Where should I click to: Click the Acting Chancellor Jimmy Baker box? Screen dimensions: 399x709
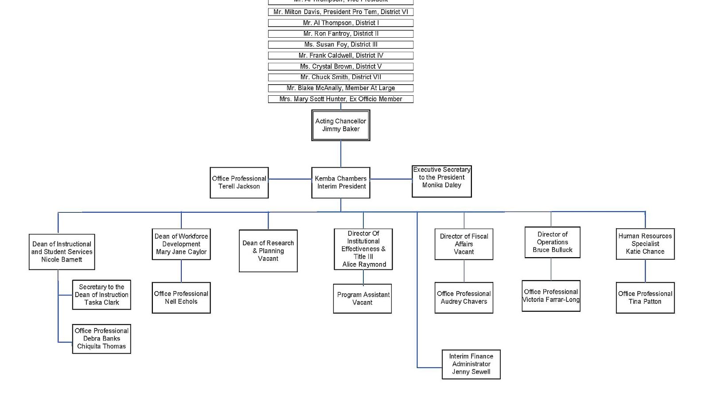(340, 125)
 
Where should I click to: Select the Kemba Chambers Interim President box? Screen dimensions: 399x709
(340, 182)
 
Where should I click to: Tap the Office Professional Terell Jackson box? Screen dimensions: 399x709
(239, 182)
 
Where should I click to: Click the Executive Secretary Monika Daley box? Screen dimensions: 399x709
(441, 181)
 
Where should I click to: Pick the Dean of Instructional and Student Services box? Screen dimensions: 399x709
(62, 251)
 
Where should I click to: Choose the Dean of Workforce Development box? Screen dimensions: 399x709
(181, 244)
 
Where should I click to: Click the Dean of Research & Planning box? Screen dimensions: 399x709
(268, 250)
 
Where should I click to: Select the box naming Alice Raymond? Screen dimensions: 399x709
(363, 249)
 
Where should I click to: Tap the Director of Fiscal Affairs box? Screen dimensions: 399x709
(464, 244)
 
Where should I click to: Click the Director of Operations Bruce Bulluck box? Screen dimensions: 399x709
(552, 242)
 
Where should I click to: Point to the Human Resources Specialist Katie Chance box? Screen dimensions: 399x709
(645, 244)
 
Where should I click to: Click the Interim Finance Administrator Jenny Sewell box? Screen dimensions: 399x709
(471, 364)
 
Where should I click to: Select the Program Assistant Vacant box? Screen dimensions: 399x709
(362, 298)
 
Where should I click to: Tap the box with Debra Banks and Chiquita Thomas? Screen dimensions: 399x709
(101, 339)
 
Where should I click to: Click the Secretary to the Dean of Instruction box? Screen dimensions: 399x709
(101, 294)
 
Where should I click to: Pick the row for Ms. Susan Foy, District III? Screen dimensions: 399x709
(340, 44)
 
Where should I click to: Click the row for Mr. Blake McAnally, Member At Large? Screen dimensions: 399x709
(340, 88)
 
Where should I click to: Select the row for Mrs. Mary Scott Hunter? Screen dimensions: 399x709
(340, 99)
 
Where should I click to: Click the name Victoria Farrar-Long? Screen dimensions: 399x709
(551, 300)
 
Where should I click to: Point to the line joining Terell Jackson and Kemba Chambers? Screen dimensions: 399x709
(290, 179)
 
